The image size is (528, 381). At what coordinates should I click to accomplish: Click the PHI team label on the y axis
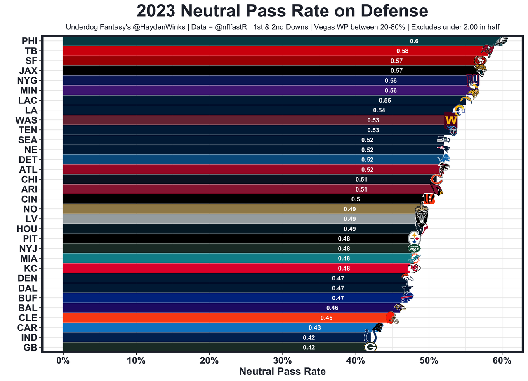pos(29,41)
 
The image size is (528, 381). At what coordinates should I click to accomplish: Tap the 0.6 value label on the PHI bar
pos(414,41)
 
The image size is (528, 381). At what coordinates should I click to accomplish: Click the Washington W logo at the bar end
pos(451,120)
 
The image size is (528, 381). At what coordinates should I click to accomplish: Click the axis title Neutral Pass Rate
pos(283,372)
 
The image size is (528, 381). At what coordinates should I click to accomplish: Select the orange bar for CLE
pos(186,318)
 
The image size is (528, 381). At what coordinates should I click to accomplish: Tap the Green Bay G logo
pos(370,347)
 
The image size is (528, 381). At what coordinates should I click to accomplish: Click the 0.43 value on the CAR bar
pos(315,327)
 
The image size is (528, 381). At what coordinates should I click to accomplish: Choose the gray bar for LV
pos(206,219)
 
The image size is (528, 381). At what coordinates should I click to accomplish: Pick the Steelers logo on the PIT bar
pos(414,238)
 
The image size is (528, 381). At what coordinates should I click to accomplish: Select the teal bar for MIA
pos(206,258)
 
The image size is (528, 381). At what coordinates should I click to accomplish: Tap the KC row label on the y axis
pos(31,268)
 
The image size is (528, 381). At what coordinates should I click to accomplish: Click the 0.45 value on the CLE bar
pos(326,318)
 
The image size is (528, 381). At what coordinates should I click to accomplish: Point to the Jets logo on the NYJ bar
pos(414,248)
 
